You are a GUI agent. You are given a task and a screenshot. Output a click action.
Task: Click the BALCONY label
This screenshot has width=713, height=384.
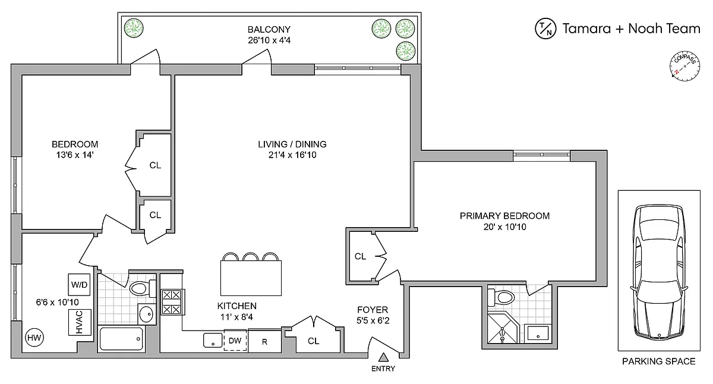(269, 29)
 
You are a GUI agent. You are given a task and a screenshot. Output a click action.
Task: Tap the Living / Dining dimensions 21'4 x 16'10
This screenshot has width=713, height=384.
(292, 155)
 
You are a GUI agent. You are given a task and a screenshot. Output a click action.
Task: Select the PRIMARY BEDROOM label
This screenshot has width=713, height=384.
(504, 216)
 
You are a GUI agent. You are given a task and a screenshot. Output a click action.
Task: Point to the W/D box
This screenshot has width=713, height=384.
(79, 285)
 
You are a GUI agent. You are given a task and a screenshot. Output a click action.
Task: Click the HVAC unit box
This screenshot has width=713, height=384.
(80, 322)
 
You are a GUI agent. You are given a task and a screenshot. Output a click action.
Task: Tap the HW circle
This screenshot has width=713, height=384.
(34, 338)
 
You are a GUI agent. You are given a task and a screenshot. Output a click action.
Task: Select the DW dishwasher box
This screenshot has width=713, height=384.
(235, 341)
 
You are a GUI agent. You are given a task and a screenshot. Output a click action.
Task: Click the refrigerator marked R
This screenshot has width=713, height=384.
(264, 342)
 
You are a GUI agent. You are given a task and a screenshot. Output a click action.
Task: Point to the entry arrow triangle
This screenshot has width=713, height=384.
(384, 357)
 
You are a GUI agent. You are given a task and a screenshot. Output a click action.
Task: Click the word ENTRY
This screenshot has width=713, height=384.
(383, 369)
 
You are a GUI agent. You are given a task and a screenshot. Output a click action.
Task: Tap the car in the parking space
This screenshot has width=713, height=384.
(659, 273)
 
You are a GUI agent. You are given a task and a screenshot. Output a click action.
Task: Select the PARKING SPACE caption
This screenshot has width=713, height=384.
(658, 361)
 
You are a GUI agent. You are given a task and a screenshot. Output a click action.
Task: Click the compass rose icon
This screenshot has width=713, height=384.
(684, 66)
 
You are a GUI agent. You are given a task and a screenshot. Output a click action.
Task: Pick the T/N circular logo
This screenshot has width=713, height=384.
(545, 29)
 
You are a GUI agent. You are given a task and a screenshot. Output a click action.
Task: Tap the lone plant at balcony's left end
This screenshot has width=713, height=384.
(134, 28)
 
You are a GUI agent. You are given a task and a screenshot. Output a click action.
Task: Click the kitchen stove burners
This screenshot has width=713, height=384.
(172, 302)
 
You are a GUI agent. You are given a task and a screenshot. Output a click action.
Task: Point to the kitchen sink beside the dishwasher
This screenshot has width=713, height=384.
(213, 340)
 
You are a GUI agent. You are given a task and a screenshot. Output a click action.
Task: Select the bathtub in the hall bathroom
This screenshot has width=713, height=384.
(121, 339)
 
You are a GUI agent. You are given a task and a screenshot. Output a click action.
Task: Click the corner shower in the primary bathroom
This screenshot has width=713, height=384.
(503, 329)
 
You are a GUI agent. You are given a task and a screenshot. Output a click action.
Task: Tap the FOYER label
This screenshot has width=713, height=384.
(373, 310)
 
